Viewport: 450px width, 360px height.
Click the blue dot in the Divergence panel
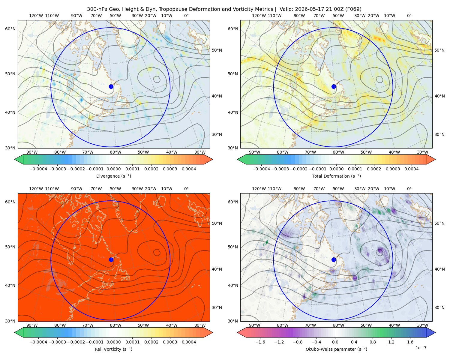point(111,86)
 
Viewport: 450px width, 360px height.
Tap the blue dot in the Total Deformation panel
point(334,86)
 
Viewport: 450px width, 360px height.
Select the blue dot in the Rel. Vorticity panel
point(111,259)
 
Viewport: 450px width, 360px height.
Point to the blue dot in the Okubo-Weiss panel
point(334,259)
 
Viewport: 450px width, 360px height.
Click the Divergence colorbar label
point(113,176)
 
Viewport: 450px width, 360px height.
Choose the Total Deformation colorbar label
point(336,176)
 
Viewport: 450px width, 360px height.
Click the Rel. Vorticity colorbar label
point(113,349)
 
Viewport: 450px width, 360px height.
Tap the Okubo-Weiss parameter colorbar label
point(336,349)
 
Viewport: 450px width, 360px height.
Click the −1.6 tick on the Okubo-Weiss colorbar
point(260,342)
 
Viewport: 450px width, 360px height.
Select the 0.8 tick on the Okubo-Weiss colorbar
point(373,342)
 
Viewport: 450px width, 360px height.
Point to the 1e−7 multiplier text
point(421,348)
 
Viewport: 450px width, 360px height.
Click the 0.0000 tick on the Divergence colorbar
point(113,169)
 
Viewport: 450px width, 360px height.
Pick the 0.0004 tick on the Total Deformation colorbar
point(411,169)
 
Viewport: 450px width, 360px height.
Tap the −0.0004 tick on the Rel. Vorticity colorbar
point(38,342)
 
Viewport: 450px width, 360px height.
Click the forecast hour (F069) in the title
point(353,9)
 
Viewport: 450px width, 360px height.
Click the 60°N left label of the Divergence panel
point(10,29)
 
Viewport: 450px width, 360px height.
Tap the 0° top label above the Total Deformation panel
point(409,16)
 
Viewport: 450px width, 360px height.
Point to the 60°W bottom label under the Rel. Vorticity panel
point(115,325)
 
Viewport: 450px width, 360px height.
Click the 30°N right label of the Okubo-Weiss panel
point(439,307)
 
